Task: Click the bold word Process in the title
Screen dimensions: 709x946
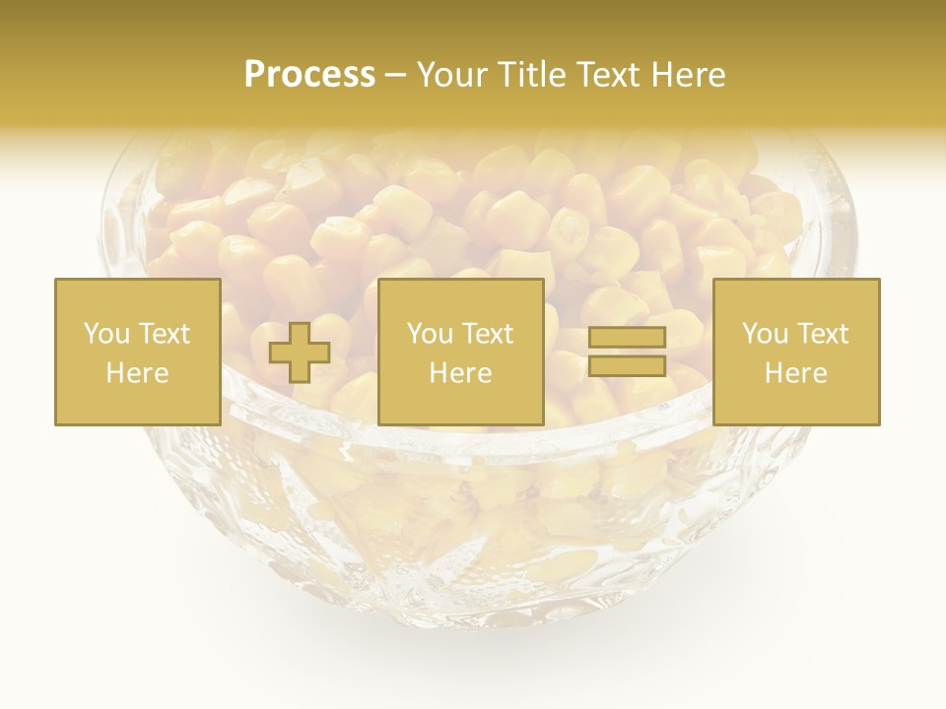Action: coord(309,74)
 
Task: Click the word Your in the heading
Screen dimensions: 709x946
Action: coord(452,74)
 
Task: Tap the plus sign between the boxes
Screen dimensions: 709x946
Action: coord(300,353)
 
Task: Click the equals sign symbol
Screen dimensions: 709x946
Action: coord(627,352)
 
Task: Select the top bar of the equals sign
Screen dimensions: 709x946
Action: coord(627,337)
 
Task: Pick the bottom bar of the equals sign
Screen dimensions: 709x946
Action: coord(627,365)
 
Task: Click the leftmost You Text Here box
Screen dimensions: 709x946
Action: coord(137,352)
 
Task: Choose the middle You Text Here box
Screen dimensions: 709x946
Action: coord(460,352)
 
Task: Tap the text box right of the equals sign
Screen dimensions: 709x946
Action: coord(795,352)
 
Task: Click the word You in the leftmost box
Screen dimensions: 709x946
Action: coord(105,334)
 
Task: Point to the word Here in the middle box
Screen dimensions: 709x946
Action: coord(460,373)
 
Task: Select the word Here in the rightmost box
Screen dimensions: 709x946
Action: coord(795,373)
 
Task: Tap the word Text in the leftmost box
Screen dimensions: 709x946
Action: coord(163,334)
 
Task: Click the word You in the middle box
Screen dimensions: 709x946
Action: coord(429,334)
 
